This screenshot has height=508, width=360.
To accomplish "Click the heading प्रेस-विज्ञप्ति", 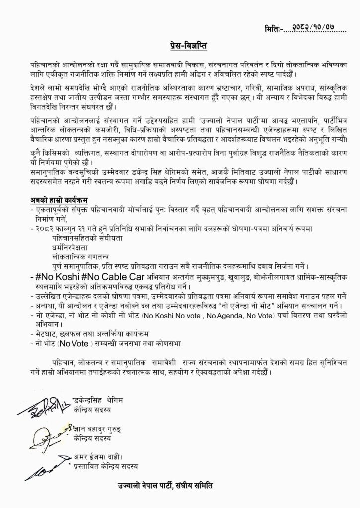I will click(x=186, y=47).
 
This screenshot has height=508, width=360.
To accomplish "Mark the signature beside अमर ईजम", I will click(x=46, y=464).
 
